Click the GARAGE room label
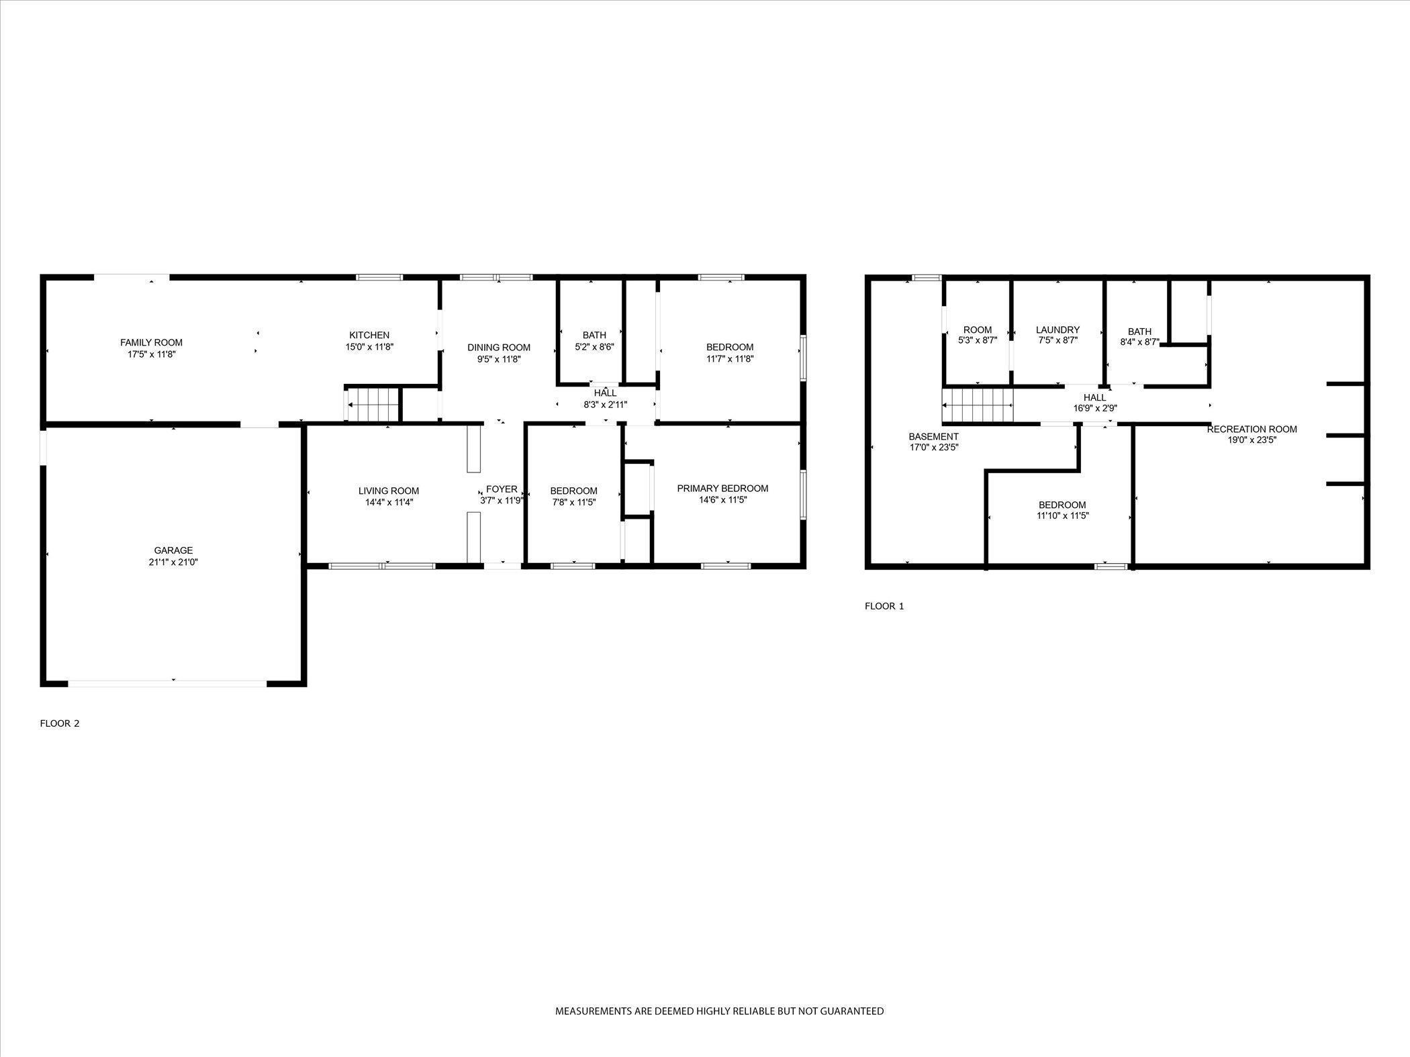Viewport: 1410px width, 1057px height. tap(173, 550)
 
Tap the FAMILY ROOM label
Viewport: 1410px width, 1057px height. tap(151, 342)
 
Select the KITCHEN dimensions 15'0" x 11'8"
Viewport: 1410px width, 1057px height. tap(369, 347)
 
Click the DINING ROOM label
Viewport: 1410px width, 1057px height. tap(499, 347)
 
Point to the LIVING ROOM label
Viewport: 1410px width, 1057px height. tap(388, 491)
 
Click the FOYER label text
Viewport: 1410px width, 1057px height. tap(502, 489)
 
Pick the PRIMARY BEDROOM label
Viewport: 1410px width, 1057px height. tap(722, 488)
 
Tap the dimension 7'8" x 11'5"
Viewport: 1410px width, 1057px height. tap(573, 502)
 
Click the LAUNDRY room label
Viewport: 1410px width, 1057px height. tap(1057, 330)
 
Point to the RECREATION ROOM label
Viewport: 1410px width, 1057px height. tap(1252, 429)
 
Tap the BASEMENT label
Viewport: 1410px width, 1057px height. tap(933, 436)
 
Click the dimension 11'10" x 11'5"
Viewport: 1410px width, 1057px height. tap(1062, 515)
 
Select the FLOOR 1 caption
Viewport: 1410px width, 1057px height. tap(884, 606)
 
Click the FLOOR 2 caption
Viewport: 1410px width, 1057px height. tap(60, 723)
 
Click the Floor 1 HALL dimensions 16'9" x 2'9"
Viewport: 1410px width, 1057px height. tap(1094, 408)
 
